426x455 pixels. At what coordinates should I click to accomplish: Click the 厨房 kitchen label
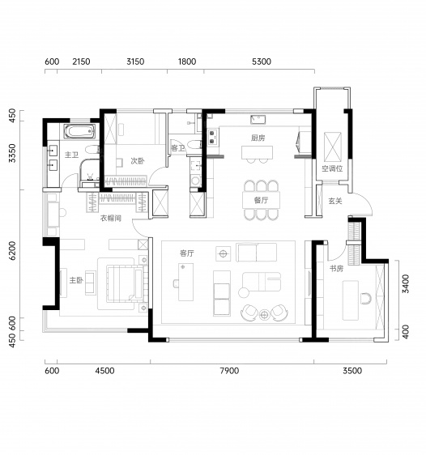tap(258, 138)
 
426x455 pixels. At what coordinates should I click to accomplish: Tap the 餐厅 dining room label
tap(261, 200)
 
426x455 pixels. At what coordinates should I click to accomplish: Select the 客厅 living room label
tap(186, 253)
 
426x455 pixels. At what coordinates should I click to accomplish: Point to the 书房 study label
tap(336, 269)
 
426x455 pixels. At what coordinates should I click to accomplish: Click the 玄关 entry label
tap(335, 201)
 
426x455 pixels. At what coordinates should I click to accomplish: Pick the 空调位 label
tap(332, 168)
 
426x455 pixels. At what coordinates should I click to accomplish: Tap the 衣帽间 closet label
tap(111, 218)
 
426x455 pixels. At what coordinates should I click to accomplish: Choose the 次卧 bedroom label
tap(137, 161)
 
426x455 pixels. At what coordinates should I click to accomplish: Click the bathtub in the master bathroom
tap(79, 131)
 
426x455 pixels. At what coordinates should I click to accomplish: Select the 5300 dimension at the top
tap(262, 62)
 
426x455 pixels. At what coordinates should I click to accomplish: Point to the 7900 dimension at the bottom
tap(229, 371)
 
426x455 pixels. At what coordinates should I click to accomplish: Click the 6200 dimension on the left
tap(12, 251)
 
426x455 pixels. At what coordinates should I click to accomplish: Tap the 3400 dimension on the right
tap(406, 283)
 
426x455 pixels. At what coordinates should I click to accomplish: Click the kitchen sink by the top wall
tap(258, 120)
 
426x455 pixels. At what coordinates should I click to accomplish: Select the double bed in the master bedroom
tap(125, 283)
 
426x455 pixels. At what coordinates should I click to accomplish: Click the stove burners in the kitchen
tap(212, 138)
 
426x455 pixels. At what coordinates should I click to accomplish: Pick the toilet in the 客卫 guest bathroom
tap(194, 144)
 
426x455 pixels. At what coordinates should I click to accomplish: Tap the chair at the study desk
tap(366, 299)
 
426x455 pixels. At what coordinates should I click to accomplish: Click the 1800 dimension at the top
tap(187, 62)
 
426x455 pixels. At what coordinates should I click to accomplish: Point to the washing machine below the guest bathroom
tap(196, 181)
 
